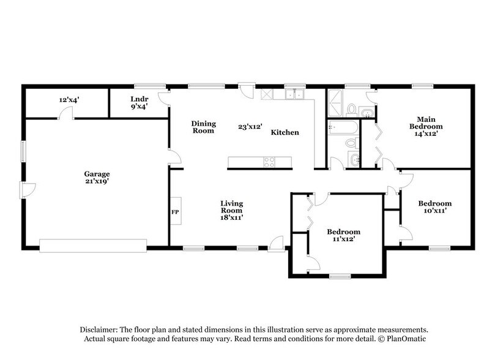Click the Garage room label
tap(97, 173)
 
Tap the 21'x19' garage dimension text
tap(97, 181)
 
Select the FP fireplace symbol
tap(174, 212)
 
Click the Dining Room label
tap(203, 126)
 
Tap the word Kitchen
tap(285, 132)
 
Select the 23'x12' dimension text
tap(250, 127)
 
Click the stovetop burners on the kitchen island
tap(269, 162)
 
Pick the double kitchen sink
tap(296, 94)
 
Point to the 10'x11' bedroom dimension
tap(434, 211)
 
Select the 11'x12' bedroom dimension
tap(343, 239)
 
